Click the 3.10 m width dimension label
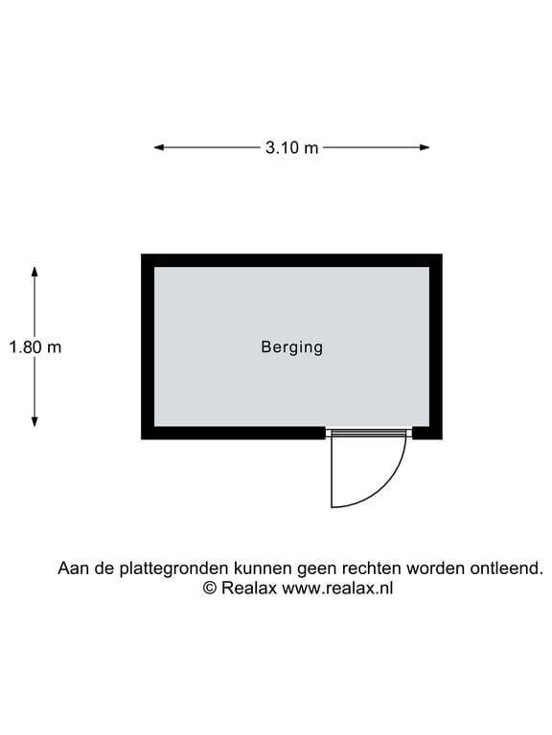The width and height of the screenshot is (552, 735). pyautogui.click(x=291, y=147)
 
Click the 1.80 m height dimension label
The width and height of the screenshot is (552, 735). pyautogui.click(x=35, y=347)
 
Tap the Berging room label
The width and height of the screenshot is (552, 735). pyautogui.click(x=292, y=347)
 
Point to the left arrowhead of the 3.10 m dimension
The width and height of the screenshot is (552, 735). pyautogui.click(x=159, y=147)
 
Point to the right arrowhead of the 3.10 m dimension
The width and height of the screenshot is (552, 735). pyautogui.click(x=425, y=147)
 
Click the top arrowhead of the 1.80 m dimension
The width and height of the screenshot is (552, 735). pyautogui.click(x=34, y=272)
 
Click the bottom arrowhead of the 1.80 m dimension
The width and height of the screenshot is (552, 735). pyautogui.click(x=34, y=422)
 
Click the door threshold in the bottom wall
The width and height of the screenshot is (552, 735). pyautogui.click(x=369, y=433)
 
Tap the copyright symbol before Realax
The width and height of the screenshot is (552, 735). pyautogui.click(x=209, y=588)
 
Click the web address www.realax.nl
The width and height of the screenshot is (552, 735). pyautogui.click(x=337, y=588)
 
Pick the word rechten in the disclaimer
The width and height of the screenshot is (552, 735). pyautogui.click(x=371, y=568)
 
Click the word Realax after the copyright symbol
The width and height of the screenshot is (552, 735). pyautogui.click(x=249, y=588)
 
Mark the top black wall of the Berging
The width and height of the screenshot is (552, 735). pyautogui.click(x=291, y=260)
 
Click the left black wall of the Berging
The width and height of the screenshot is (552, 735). pyautogui.click(x=148, y=346)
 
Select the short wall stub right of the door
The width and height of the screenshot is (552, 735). pyautogui.click(x=427, y=433)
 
